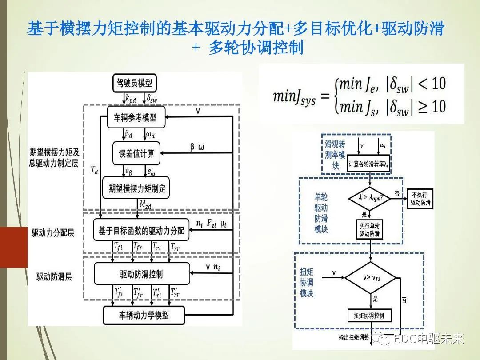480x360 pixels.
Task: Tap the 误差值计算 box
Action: pyautogui.click(x=136, y=153)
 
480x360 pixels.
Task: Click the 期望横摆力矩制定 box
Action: pyautogui.click(x=136, y=188)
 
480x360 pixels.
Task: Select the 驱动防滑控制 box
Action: pyautogui.click(x=141, y=274)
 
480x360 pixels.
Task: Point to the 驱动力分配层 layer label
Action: pyautogui.click(x=52, y=233)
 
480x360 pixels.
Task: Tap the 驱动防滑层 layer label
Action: pyautogui.click(x=54, y=276)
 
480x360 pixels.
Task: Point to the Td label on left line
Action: pyautogui.click(x=94, y=171)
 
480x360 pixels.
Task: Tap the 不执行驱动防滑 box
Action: pyautogui.click(x=420, y=199)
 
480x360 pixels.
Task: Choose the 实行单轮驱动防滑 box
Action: pyautogui.click(x=369, y=229)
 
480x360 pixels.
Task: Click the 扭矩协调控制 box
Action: pyautogui.click(x=369, y=316)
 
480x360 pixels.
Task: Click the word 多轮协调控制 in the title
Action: pyautogui.click(x=256, y=48)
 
